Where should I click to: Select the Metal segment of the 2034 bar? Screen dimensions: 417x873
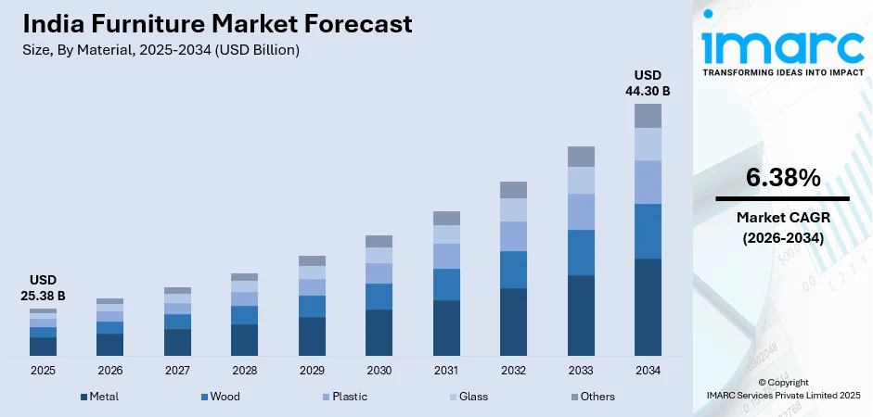(648, 307)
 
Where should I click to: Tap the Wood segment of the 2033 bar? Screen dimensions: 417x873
(581, 252)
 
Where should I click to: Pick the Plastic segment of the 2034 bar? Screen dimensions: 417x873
(648, 182)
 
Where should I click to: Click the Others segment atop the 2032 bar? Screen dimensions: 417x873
(513, 190)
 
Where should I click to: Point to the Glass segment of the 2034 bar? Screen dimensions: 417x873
(648, 144)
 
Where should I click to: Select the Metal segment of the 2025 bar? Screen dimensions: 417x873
(43, 346)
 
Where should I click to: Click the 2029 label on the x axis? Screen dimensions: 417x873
(312, 370)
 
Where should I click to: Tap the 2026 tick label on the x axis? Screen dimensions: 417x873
(109, 370)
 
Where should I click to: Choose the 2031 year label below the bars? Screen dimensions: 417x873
(446, 370)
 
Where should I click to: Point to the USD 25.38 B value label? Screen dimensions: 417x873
(43, 288)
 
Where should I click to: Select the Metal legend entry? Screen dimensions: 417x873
(98, 397)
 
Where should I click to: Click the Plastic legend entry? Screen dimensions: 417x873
(343, 397)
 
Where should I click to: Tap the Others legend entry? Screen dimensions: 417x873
(591, 397)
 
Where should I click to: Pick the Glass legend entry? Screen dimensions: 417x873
(467, 397)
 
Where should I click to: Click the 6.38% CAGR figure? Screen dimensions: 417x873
(782, 178)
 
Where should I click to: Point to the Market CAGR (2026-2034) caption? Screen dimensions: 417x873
(782, 227)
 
